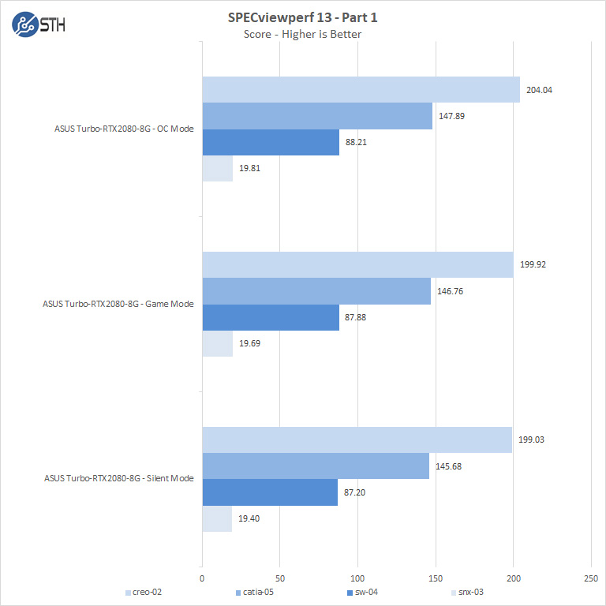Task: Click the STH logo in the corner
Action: pyautogui.click(x=39, y=24)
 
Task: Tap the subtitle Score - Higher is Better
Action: pyautogui.click(x=302, y=34)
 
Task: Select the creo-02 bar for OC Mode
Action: pyautogui.click(x=361, y=90)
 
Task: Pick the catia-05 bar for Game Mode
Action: pyautogui.click(x=316, y=291)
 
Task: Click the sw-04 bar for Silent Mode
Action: pyautogui.click(x=270, y=492)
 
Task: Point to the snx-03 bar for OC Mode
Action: pyautogui.click(x=218, y=169)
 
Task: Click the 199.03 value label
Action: pyautogui.click(x=531, y=440)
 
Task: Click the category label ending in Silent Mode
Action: pyautogui.click(x=118, y=478)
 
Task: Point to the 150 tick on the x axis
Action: pyautogui.click(x=436, y=578)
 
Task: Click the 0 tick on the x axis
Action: pyautogui.click(x=203, y=578)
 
